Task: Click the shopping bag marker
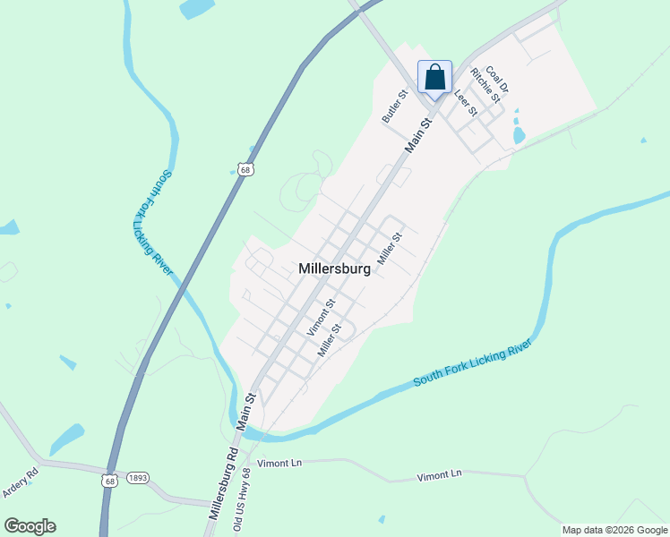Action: click(x=434, y=77)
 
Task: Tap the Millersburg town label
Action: click(x=334, y=268)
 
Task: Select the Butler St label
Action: click(x=395, y=106)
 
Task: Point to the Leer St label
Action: click(x=465, y=103)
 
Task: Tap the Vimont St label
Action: click(x=321, y=317)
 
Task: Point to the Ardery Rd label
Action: click(x=20, y=482)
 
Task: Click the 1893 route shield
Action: click(x=137, y=479)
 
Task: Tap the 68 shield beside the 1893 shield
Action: click(x=109, y=481)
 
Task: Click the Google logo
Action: click(x=30, y=526)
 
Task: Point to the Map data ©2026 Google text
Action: click(x=614, y=530)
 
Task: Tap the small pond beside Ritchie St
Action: click(x=518, y=136)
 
